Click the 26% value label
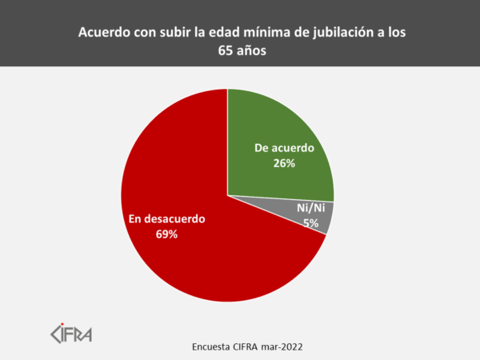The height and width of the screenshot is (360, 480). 284,163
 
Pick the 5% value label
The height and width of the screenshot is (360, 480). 310,223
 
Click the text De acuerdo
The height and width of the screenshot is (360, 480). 284,148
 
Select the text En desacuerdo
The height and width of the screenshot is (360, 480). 167,218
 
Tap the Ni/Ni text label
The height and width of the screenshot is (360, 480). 310,210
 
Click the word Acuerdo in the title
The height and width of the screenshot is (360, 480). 103,34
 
